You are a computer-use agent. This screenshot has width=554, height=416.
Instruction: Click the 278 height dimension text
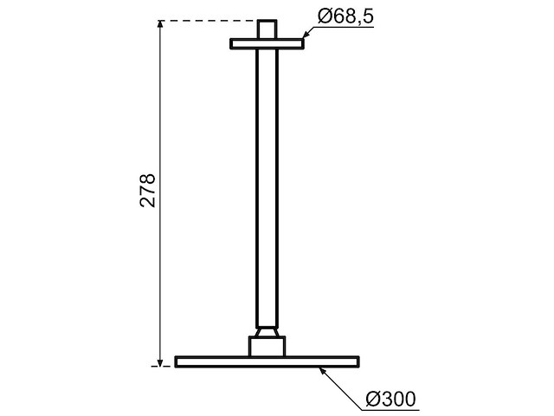click(147, 191)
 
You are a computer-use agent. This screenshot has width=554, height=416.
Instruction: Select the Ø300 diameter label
click(391, 399)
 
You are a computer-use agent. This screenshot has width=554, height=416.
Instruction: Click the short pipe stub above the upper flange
click(268, 29)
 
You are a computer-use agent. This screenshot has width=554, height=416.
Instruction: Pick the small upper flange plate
click(268, 42)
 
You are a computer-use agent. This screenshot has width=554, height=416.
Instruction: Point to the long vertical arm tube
click(268, 182)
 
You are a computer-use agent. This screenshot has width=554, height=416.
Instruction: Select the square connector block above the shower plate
click(268, 346)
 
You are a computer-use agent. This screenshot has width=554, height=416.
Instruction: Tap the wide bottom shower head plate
click(268, 361)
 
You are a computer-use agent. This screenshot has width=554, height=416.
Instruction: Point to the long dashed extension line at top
click(208, 20)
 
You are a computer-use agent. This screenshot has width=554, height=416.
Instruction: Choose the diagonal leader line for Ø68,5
click(312, 33)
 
